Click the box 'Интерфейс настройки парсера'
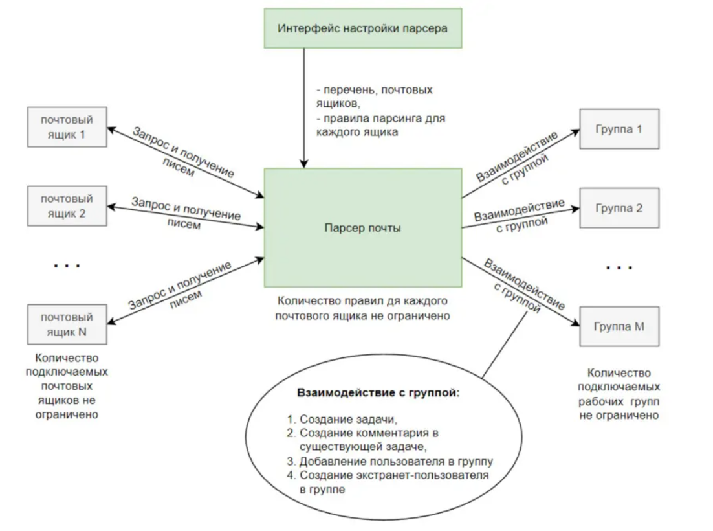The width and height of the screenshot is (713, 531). [363, 28]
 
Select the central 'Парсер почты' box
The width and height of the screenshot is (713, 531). [363, 228]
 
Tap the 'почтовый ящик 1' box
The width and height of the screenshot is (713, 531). [67, 128]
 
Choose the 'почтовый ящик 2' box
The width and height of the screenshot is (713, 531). [67, 205]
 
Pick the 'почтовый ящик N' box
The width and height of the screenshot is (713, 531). [67, 325]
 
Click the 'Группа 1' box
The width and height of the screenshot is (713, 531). [619, 128]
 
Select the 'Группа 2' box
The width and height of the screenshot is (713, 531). [619, 209]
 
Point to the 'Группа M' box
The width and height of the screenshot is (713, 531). [619, 327]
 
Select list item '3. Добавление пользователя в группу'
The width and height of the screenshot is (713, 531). [390, 462]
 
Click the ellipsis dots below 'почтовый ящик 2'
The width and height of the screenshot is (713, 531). [65, 265]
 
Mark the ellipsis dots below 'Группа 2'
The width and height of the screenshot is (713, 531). [619, 267]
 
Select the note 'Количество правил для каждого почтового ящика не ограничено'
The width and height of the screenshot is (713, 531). [363, 309]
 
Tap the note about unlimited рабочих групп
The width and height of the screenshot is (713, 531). [619, 394]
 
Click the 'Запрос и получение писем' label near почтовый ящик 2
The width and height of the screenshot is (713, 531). [186, 214]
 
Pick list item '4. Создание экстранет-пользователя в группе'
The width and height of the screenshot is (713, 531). [388, 482]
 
